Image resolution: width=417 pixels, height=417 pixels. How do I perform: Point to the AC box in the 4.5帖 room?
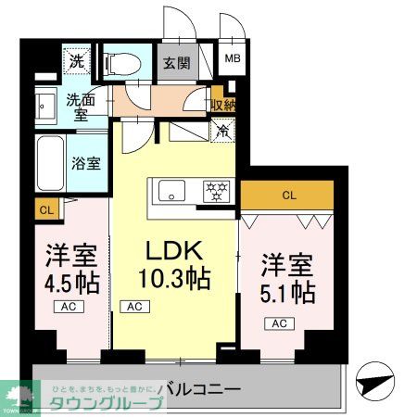(x=69, y=306)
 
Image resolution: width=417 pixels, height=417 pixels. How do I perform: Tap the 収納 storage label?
(x=221, y=106)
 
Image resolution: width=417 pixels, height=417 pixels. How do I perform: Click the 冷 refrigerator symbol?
(x=223, y=131)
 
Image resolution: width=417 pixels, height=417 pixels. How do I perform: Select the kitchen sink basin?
(x=172, y=192)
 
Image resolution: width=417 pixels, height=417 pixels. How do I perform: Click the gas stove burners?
(x=218, y=192)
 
